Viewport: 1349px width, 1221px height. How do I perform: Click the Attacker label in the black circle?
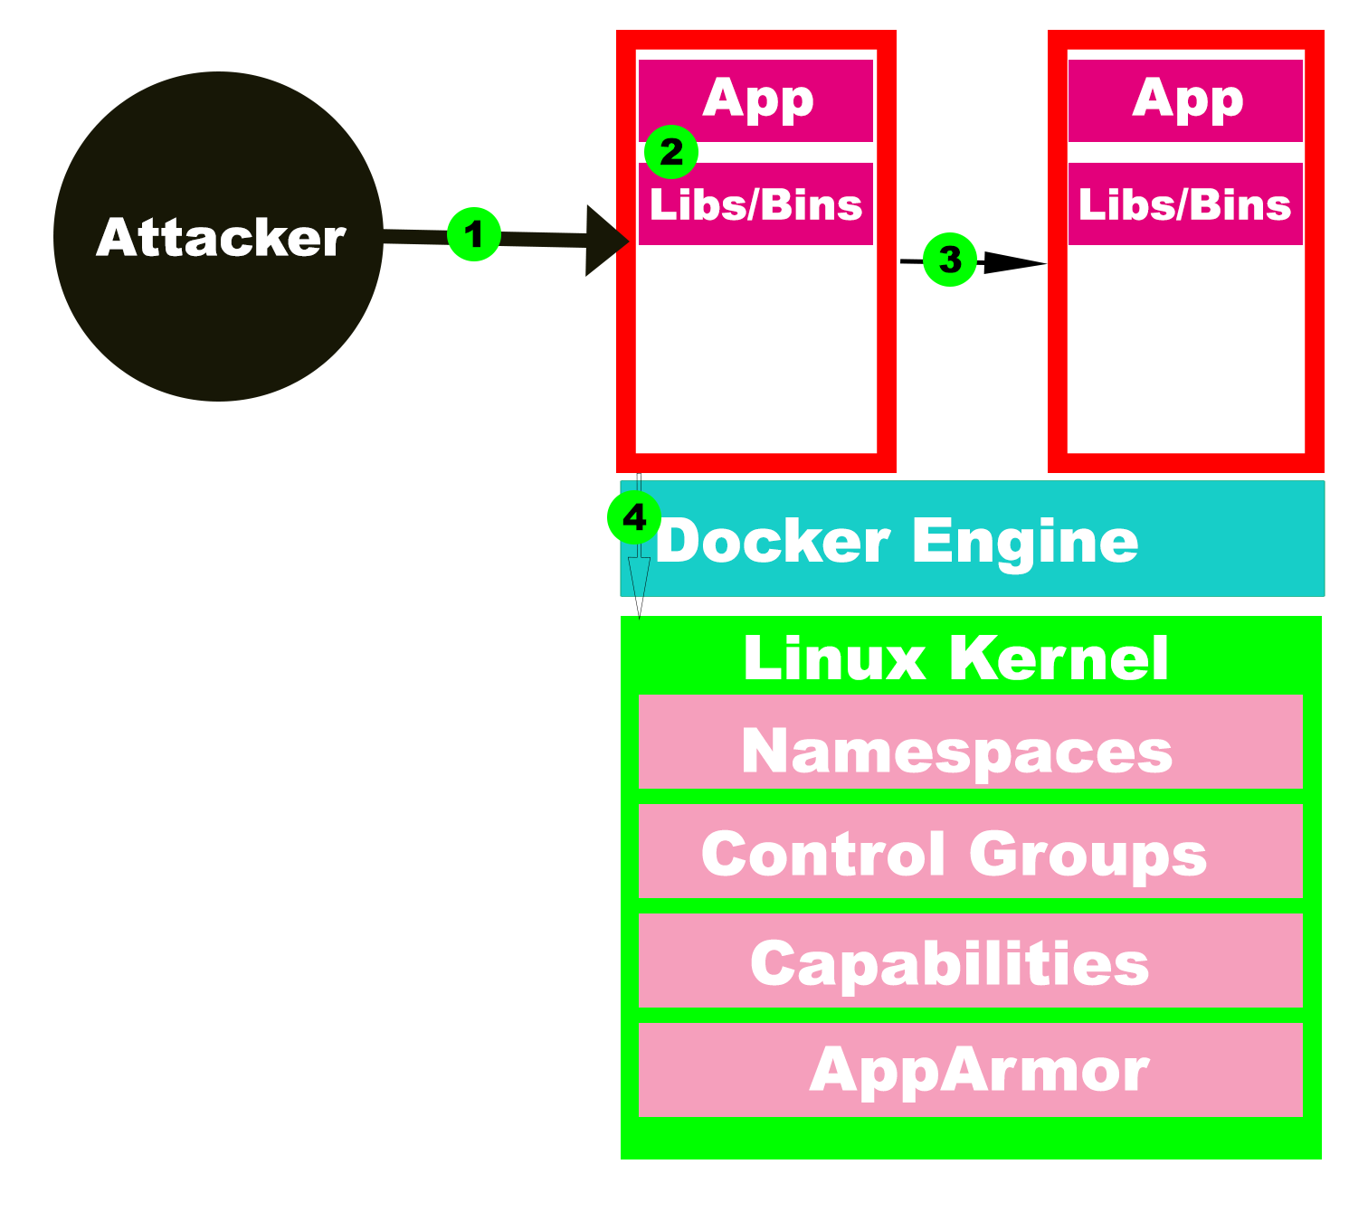(221, 237)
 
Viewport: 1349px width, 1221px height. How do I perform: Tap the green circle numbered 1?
(473, 235)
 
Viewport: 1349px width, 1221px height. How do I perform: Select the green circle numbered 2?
(670, 152)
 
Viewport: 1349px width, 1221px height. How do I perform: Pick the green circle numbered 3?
(950, 260)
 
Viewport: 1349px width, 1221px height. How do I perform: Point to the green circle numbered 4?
(634, 518)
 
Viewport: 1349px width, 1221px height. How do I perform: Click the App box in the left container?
(756, 99)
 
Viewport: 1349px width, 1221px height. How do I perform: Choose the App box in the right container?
(1185, 99)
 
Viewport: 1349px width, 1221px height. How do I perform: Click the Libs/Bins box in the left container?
(756, 204)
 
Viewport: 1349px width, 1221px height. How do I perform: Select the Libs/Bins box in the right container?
(1185, 204)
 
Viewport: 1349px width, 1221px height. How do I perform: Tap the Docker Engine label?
(896, 541)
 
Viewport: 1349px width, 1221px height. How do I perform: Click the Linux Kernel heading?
(955, 658)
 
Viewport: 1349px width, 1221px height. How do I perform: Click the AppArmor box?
(970, 1070)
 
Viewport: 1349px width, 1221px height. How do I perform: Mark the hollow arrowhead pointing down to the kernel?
(640, 586)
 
